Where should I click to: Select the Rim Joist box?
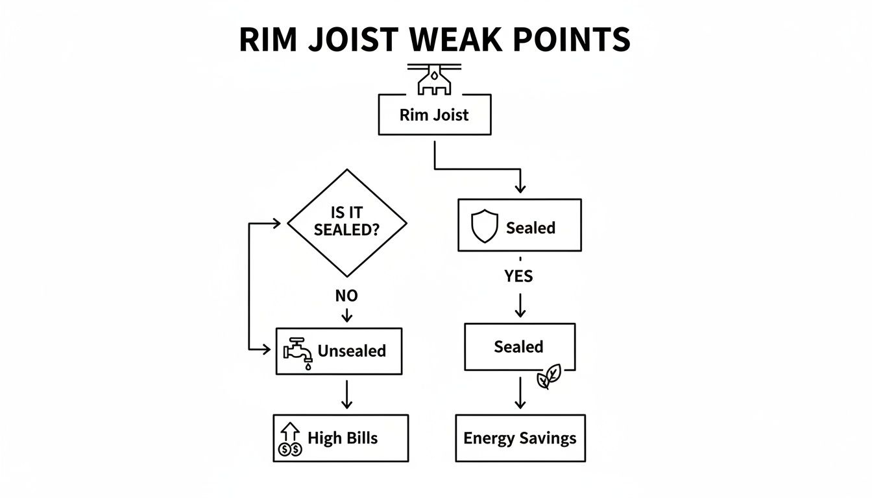coord(434,115)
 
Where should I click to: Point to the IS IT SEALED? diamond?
coord(346,223)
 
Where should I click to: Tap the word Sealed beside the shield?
coord(530,228)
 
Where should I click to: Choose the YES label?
coord(518,276)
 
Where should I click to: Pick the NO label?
coord(346,296)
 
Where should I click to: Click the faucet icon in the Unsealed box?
coord(298,352)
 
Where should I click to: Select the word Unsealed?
coord(352,351)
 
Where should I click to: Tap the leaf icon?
coord(549,377)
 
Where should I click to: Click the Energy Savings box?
coord(520,438)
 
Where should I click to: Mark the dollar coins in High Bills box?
coord(289,449)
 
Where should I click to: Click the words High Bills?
coord(343,438)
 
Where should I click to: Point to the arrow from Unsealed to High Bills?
coord(346,394)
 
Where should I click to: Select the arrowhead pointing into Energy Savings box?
coord(520,405)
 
